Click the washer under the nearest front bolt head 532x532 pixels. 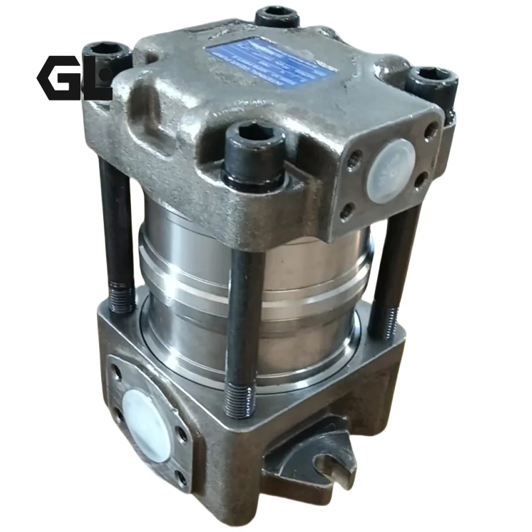pos(255,176)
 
